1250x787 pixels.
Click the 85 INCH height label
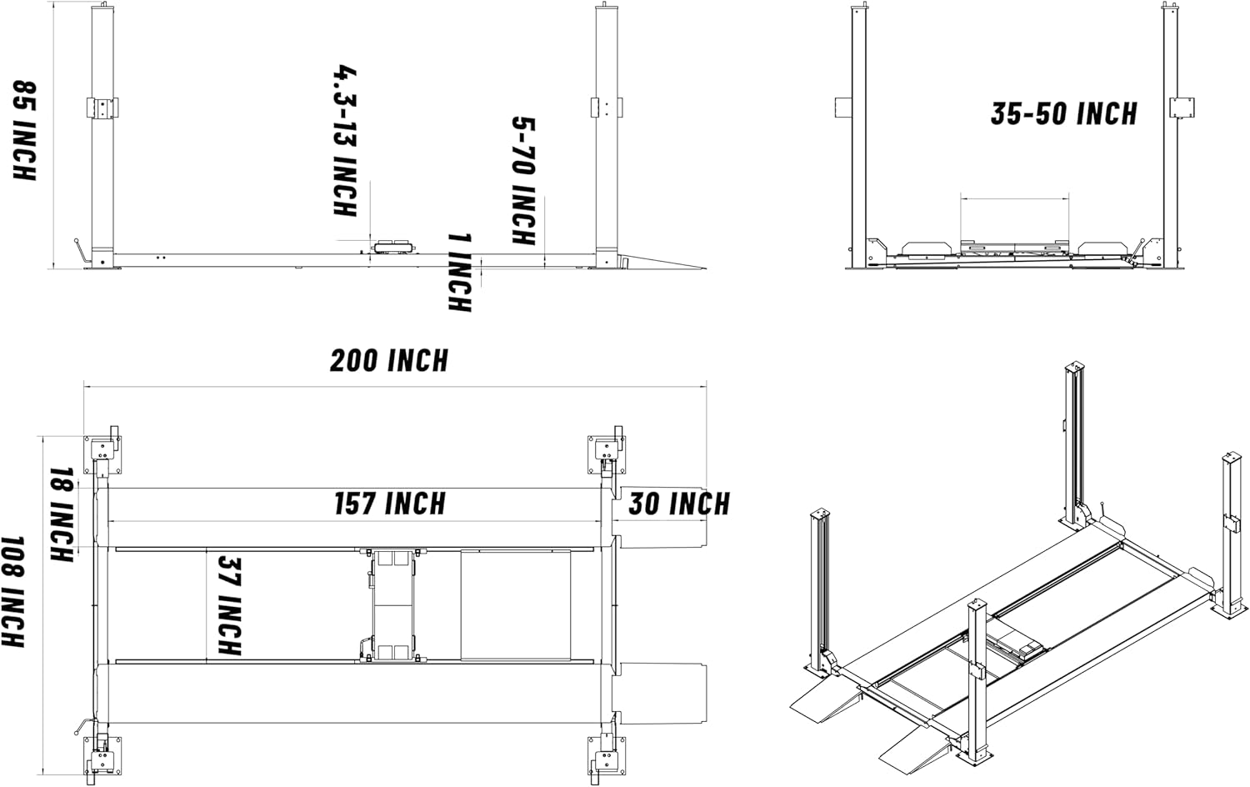25,130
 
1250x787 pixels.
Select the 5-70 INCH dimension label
522,181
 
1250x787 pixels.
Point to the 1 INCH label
459,273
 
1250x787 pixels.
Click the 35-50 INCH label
1063,113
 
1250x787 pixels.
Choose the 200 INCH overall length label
389,361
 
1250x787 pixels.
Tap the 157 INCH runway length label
390,504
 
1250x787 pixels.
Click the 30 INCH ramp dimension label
678,504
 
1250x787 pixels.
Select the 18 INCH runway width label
62,515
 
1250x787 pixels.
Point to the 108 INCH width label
14,592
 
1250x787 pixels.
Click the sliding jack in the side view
394,246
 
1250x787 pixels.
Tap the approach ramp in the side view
662,262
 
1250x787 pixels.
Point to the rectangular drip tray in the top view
515,604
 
